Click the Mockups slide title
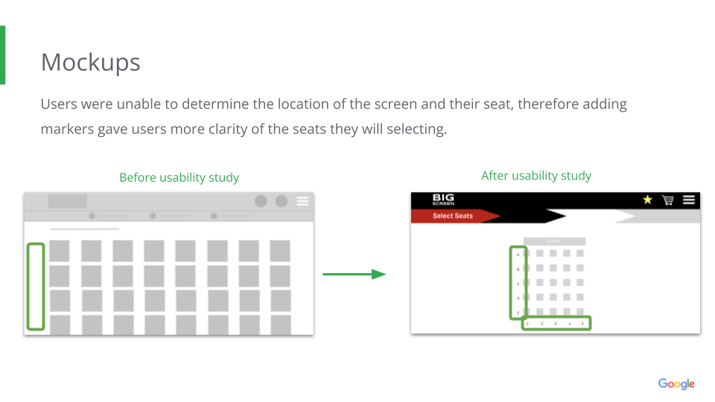coord(90,63)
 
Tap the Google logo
coord(676,384)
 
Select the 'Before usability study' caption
coord(179,177)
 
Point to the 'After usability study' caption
coord(536,176)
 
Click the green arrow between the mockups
coord(354,274)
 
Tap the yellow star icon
coord(647,200)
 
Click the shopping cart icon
coord(668,200)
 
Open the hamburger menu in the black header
coord(689,200)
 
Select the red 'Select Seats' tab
coord(453,216)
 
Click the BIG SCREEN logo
coord(443,200)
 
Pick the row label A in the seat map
coord(518,255)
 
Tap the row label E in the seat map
coord(518,313)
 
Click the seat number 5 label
coord(582,324)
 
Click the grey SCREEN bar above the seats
coord(554,241)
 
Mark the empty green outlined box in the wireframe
coord(36,286)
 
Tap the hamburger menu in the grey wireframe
coord(302,201)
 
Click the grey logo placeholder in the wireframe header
coord(68,201)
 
